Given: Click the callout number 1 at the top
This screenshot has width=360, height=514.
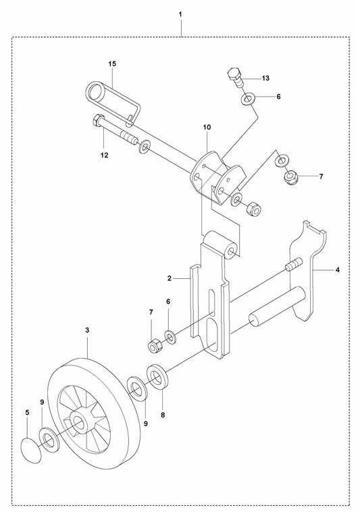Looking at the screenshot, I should click(x=180, y=14).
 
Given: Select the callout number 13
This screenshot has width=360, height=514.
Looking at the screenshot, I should click(x=265, y=78).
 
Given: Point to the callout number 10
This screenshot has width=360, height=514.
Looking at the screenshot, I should click(x=206, y=126).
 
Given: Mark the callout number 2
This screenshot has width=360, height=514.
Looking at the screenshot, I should click(x=171, y=278).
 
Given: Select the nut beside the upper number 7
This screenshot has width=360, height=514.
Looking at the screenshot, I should click(x=291, y=178).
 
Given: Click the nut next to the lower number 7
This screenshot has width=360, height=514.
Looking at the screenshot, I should click(x=153, y=346).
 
